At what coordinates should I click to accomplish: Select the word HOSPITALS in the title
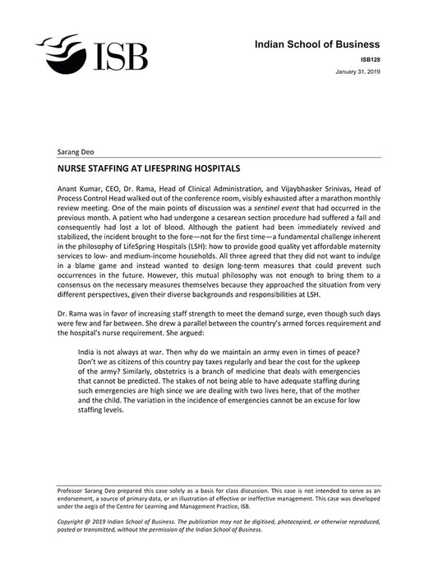click(x=213, y=168)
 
